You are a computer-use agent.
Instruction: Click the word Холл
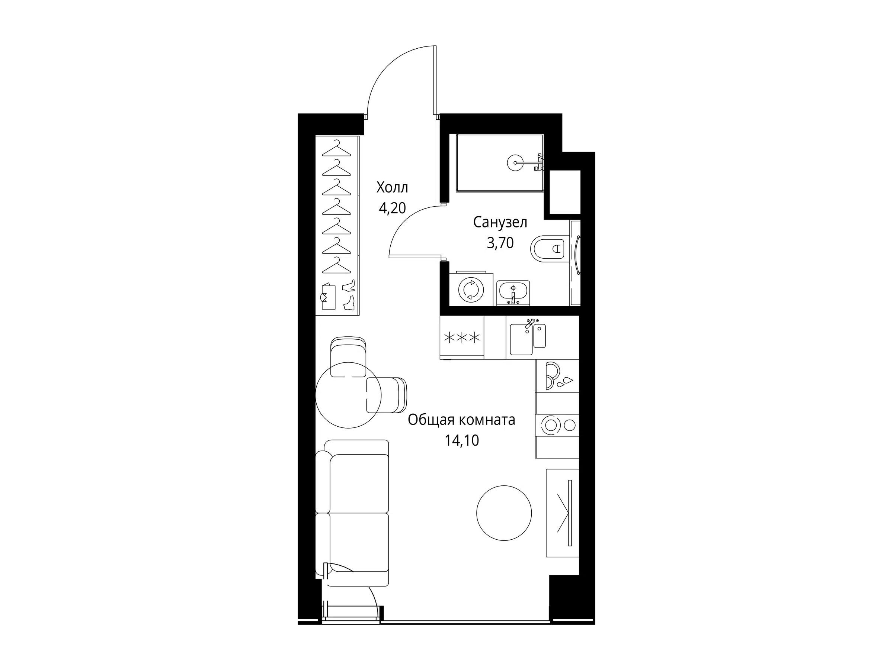[392, 188]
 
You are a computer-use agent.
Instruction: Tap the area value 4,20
[392, 208]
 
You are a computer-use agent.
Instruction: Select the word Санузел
[500, 223]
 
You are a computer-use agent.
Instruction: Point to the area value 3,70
[500, 243]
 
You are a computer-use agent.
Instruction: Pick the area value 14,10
[462, 441]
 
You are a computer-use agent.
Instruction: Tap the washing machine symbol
[471, 289]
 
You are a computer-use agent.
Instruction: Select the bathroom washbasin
[513, 293]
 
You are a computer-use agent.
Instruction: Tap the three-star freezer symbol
[462, 337]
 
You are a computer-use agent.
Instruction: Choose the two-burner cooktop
[557, 425]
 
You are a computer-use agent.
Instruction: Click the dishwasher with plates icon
[557, 375]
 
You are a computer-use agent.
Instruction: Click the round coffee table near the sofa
[504, 513]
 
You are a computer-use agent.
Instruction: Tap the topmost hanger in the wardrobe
[337, 149]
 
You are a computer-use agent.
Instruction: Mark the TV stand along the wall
[562, 513]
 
